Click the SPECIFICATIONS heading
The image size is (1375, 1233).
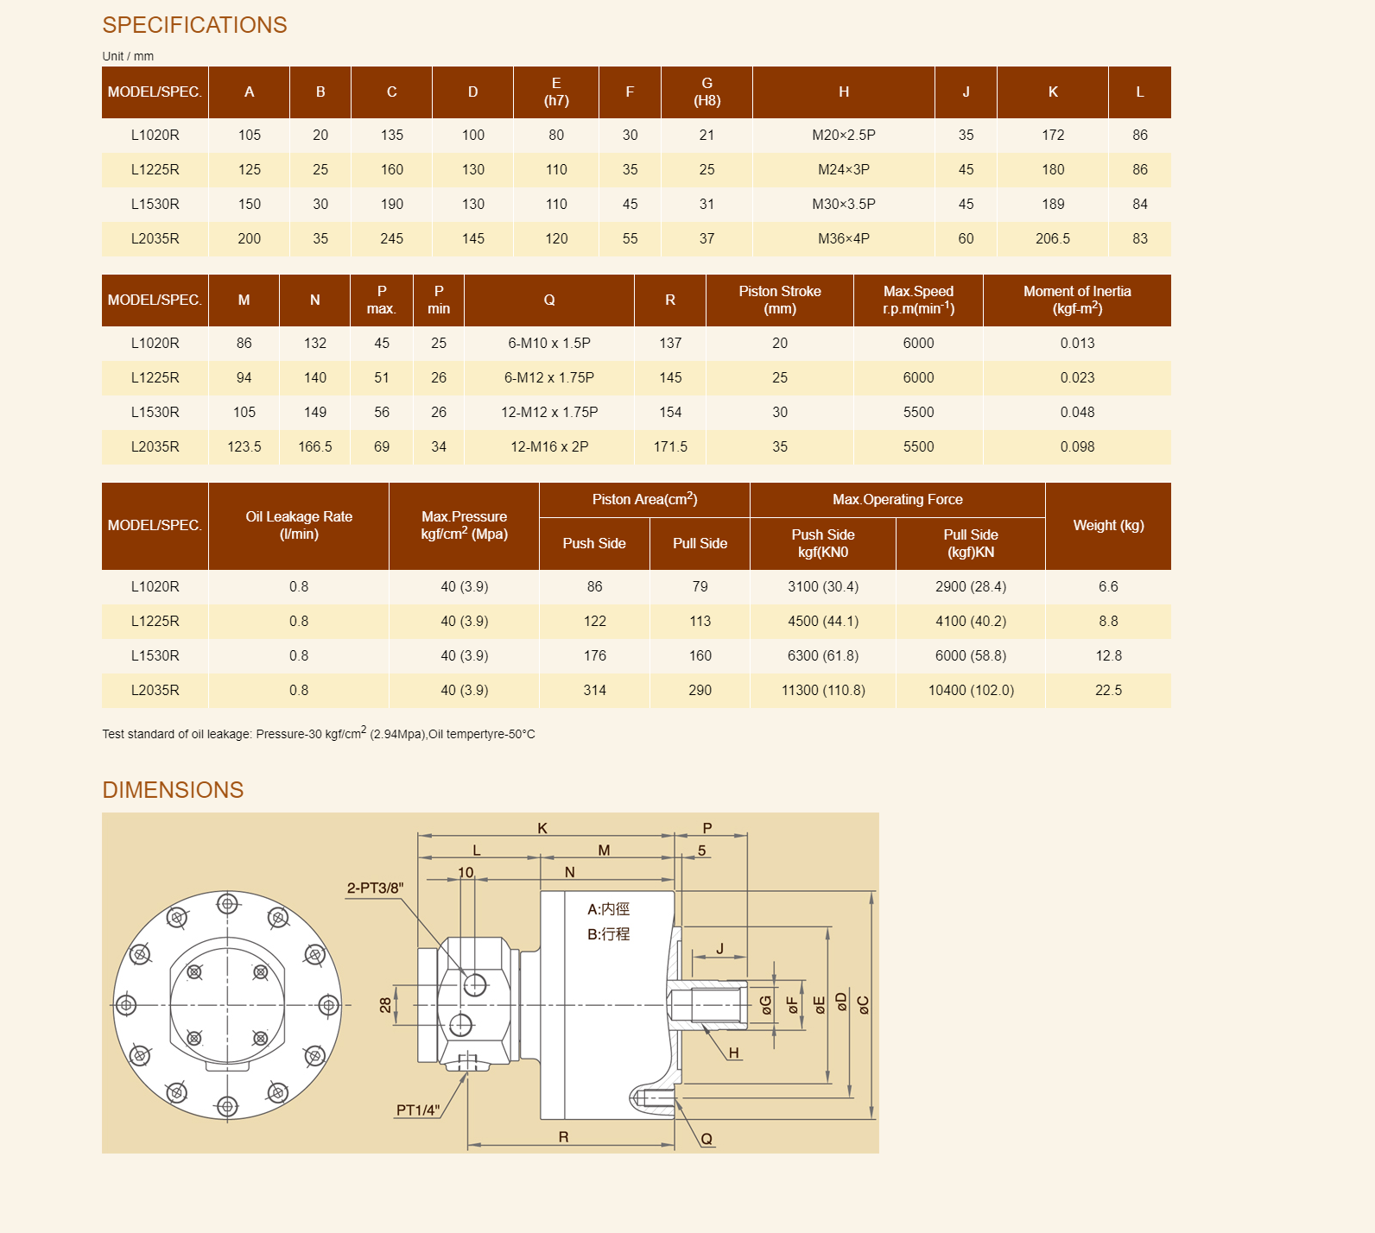pos(194,25)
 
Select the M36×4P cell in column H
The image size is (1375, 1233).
pos(843,239)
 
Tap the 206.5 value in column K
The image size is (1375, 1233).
pos(1052,239)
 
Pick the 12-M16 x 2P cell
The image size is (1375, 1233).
pos(549,447)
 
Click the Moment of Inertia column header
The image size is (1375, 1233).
pos(1077,300)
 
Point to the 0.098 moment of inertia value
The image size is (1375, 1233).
pos(1077,447)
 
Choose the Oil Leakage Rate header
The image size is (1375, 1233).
pos(299,525)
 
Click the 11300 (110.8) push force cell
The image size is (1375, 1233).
pos(823,691)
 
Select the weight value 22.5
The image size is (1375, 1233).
pos(1108,691)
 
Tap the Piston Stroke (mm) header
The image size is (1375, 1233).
pos(780,300)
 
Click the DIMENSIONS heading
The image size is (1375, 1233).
pos(173,790)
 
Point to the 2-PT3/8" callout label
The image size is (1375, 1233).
pos(375,888)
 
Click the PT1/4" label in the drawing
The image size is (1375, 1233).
pos(418,1110)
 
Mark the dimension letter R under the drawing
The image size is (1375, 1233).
pos(563,1137)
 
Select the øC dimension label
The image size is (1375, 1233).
pos(863,1004)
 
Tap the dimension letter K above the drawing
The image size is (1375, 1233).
pos(542,828)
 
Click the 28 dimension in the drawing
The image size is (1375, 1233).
pos(385,1005)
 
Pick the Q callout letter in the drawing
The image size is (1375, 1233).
pos(707,1139)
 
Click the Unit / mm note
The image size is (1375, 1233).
pos(128,56)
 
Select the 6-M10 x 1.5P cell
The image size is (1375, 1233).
pos(549,344)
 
